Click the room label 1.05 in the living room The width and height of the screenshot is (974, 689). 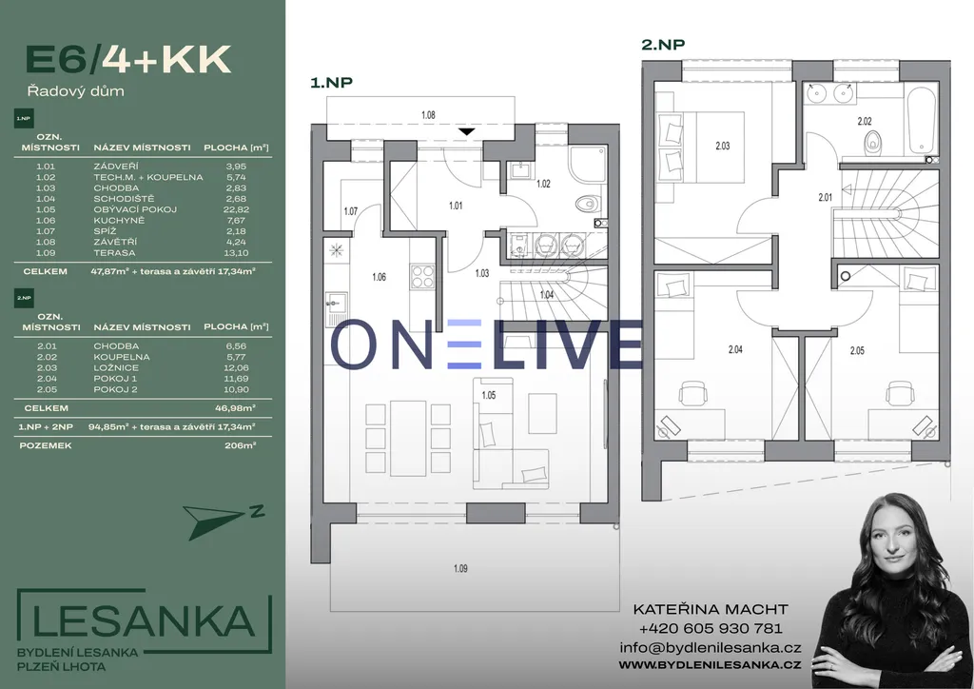[x=489, y=395]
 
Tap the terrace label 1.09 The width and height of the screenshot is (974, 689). [x=460, y=568]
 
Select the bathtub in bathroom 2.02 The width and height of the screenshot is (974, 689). [x=921, y=120]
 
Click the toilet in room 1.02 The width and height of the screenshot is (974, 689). [x=586, y=203]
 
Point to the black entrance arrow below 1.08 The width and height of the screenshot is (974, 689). [x=466, y=131]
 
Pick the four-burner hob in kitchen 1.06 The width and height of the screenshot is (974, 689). [x=422, y=276]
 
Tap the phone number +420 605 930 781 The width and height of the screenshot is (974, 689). [x=711, y=628]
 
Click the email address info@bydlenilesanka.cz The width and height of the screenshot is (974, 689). [x=711, y=647]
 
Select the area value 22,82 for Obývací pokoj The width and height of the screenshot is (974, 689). [x=236, y=209]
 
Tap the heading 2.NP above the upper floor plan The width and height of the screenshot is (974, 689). [x=663, y=45]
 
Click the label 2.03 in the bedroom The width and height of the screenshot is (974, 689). [x=723, y=146]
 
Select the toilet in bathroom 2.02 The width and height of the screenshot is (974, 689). [x=873, y=143]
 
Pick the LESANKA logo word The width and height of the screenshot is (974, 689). [x=144, y=621]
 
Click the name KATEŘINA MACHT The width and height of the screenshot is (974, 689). [x=711, y=609]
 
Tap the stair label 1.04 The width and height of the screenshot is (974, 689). [x=547, y=294]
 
